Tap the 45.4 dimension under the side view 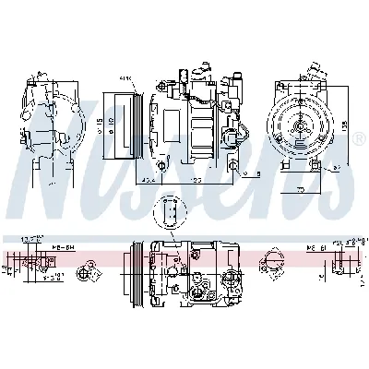coord(149,180)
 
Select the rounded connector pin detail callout coord(170,211)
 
